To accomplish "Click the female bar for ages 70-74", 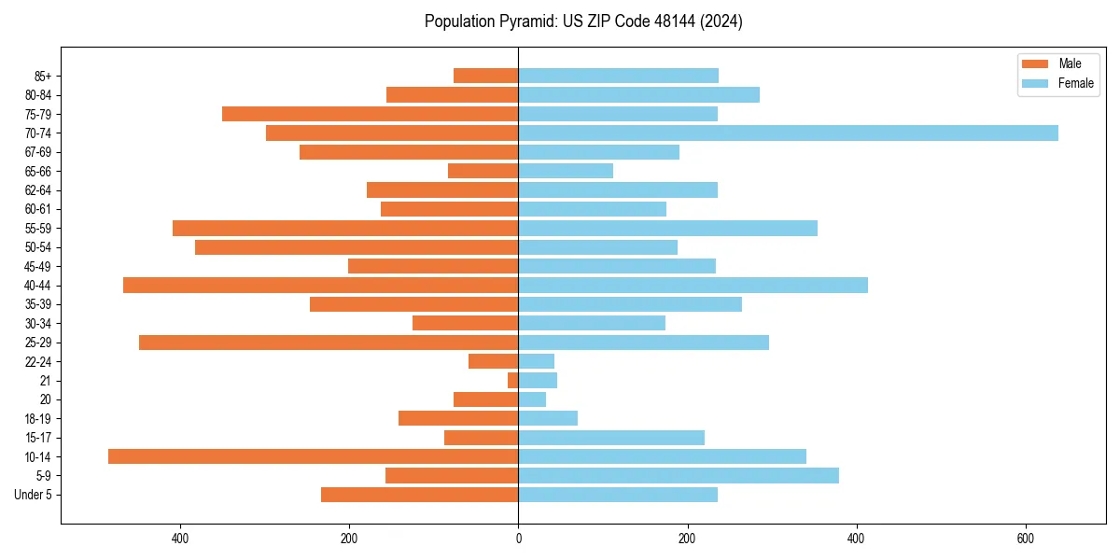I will point(788,133).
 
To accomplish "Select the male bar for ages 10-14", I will point(313,456).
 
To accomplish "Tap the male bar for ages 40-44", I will point(320,286).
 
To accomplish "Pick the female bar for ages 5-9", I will point(679,476).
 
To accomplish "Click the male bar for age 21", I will point(512,381).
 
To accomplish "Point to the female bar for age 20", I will point(532,399).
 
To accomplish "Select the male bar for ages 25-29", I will point(329,343).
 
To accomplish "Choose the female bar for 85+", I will point(618,76).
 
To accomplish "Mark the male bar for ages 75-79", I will point(370,114).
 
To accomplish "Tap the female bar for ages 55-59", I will point(667,229).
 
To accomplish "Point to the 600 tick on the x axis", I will point(1026,539).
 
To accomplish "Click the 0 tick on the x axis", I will point(518,539).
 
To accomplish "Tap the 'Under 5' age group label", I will point(33,495).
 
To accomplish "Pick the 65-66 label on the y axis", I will point(38,172).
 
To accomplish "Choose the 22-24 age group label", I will point(38,362).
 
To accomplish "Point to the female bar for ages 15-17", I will point(611,438).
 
